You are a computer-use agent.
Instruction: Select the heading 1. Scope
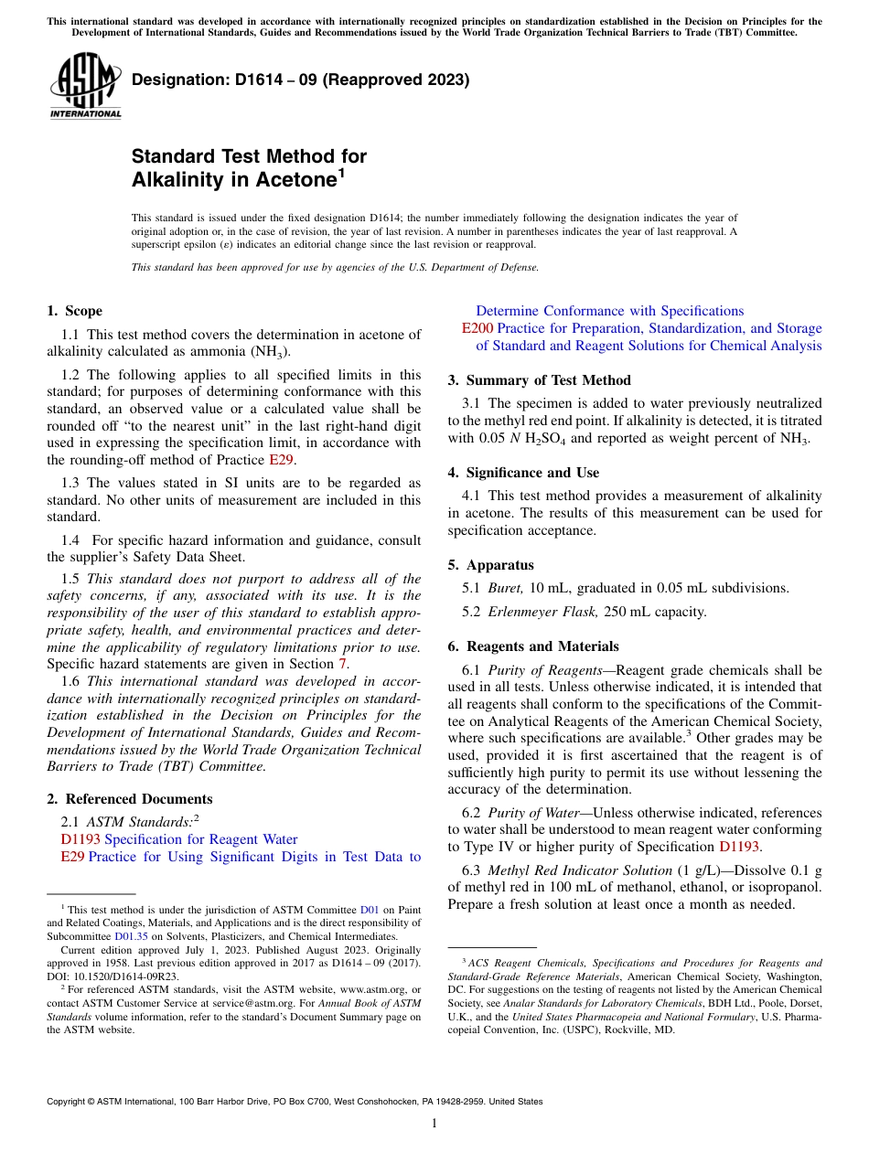[74, 311]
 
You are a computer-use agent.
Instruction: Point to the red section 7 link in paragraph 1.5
[343, 663]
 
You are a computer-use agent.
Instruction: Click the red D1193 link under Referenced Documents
[80, 839]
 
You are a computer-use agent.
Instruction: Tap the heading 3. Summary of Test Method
[539, 380]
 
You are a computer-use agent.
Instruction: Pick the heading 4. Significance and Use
[523, 473]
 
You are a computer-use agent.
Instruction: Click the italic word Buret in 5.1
[506, 588]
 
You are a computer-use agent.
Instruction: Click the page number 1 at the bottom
[434, 1124]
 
